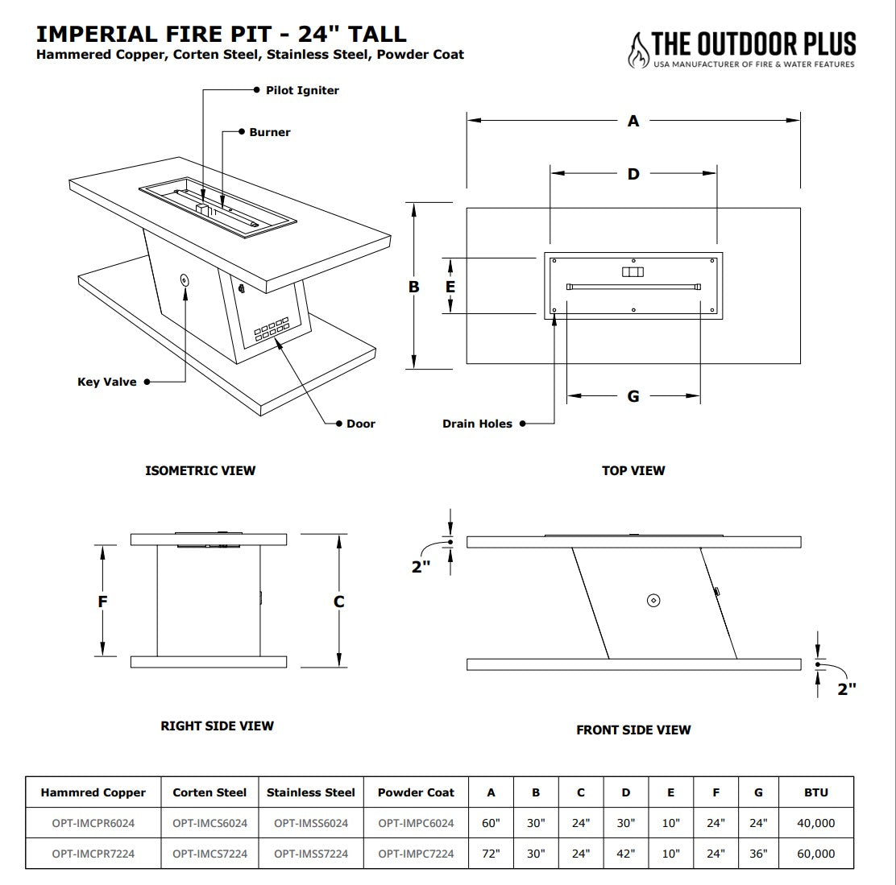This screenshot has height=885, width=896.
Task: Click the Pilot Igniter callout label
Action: click(302, 90)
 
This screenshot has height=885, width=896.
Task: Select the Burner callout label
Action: click(269, 132)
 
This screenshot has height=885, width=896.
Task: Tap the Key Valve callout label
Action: click(107, 382)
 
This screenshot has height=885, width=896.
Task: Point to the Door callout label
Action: click(360, 424)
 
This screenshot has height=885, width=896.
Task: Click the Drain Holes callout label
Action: click(477, 424)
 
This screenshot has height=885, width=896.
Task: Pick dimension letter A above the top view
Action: click(633, 121)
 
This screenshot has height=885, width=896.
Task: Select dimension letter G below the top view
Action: click(633, 396)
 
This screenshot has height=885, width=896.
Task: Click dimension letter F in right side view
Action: click(102, 602)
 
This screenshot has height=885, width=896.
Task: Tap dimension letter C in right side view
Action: click(339, 602)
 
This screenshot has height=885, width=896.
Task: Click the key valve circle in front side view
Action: click(653, 600)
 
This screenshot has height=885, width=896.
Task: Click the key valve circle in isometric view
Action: click(185, 280)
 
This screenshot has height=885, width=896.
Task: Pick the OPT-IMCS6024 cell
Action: click(209, 823)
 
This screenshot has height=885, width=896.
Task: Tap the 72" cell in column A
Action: click(491, 854)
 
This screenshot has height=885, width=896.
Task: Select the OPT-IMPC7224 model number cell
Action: click(416, 854)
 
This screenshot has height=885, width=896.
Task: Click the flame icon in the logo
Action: click(638, 50)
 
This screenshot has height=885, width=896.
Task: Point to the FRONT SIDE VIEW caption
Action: click(633, 730)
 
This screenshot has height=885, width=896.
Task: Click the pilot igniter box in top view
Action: click(633, 272)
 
